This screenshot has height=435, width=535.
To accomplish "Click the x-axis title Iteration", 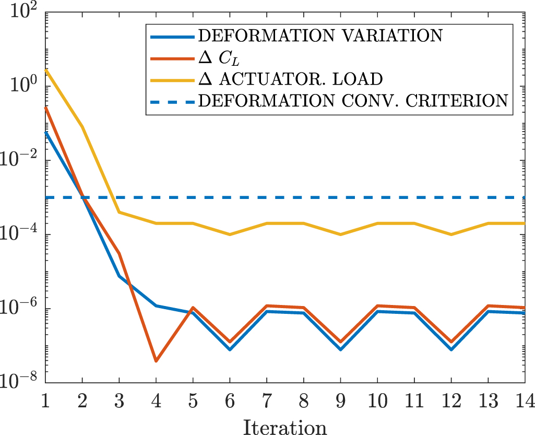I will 285,426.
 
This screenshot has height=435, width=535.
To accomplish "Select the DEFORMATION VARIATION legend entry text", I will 321,36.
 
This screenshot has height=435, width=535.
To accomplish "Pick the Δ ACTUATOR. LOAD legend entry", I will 291,79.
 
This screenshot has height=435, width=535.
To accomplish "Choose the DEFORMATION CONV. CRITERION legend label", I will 353,100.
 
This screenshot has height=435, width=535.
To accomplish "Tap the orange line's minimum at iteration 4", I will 156,361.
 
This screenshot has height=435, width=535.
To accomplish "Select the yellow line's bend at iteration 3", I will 120,212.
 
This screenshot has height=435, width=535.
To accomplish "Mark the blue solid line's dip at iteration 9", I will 341,349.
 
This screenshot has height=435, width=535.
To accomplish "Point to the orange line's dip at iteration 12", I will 451,342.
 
